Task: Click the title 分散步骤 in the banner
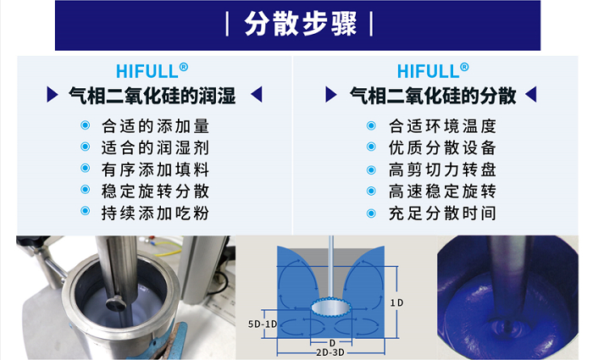click(x=300, y=24)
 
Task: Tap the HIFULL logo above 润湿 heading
click(x=152, y=70)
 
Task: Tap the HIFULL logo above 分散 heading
click(x=433, y=70)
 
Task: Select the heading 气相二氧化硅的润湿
click(x=152, y=95)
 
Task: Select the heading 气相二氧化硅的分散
click(x=433, y=95)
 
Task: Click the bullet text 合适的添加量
click(x=155, y=126)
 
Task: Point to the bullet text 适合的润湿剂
click(x=155, y=147)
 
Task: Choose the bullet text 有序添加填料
click(x=155, y=169)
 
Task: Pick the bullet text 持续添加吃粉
click(x=155, y=213)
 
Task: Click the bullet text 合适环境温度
click(x=442, y=126)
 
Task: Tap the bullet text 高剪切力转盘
click(x=442, y=169)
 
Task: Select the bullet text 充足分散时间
click(x=442, y=213)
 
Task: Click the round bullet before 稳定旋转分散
click(x=86, y=190)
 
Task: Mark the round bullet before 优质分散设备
click(x=371, y=147)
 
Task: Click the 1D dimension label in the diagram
click(x=397, y=302)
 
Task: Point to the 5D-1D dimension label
click(x=263, y=324)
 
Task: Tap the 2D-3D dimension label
click(x=330, y=352)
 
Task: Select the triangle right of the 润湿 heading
click(x=257, y=95)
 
